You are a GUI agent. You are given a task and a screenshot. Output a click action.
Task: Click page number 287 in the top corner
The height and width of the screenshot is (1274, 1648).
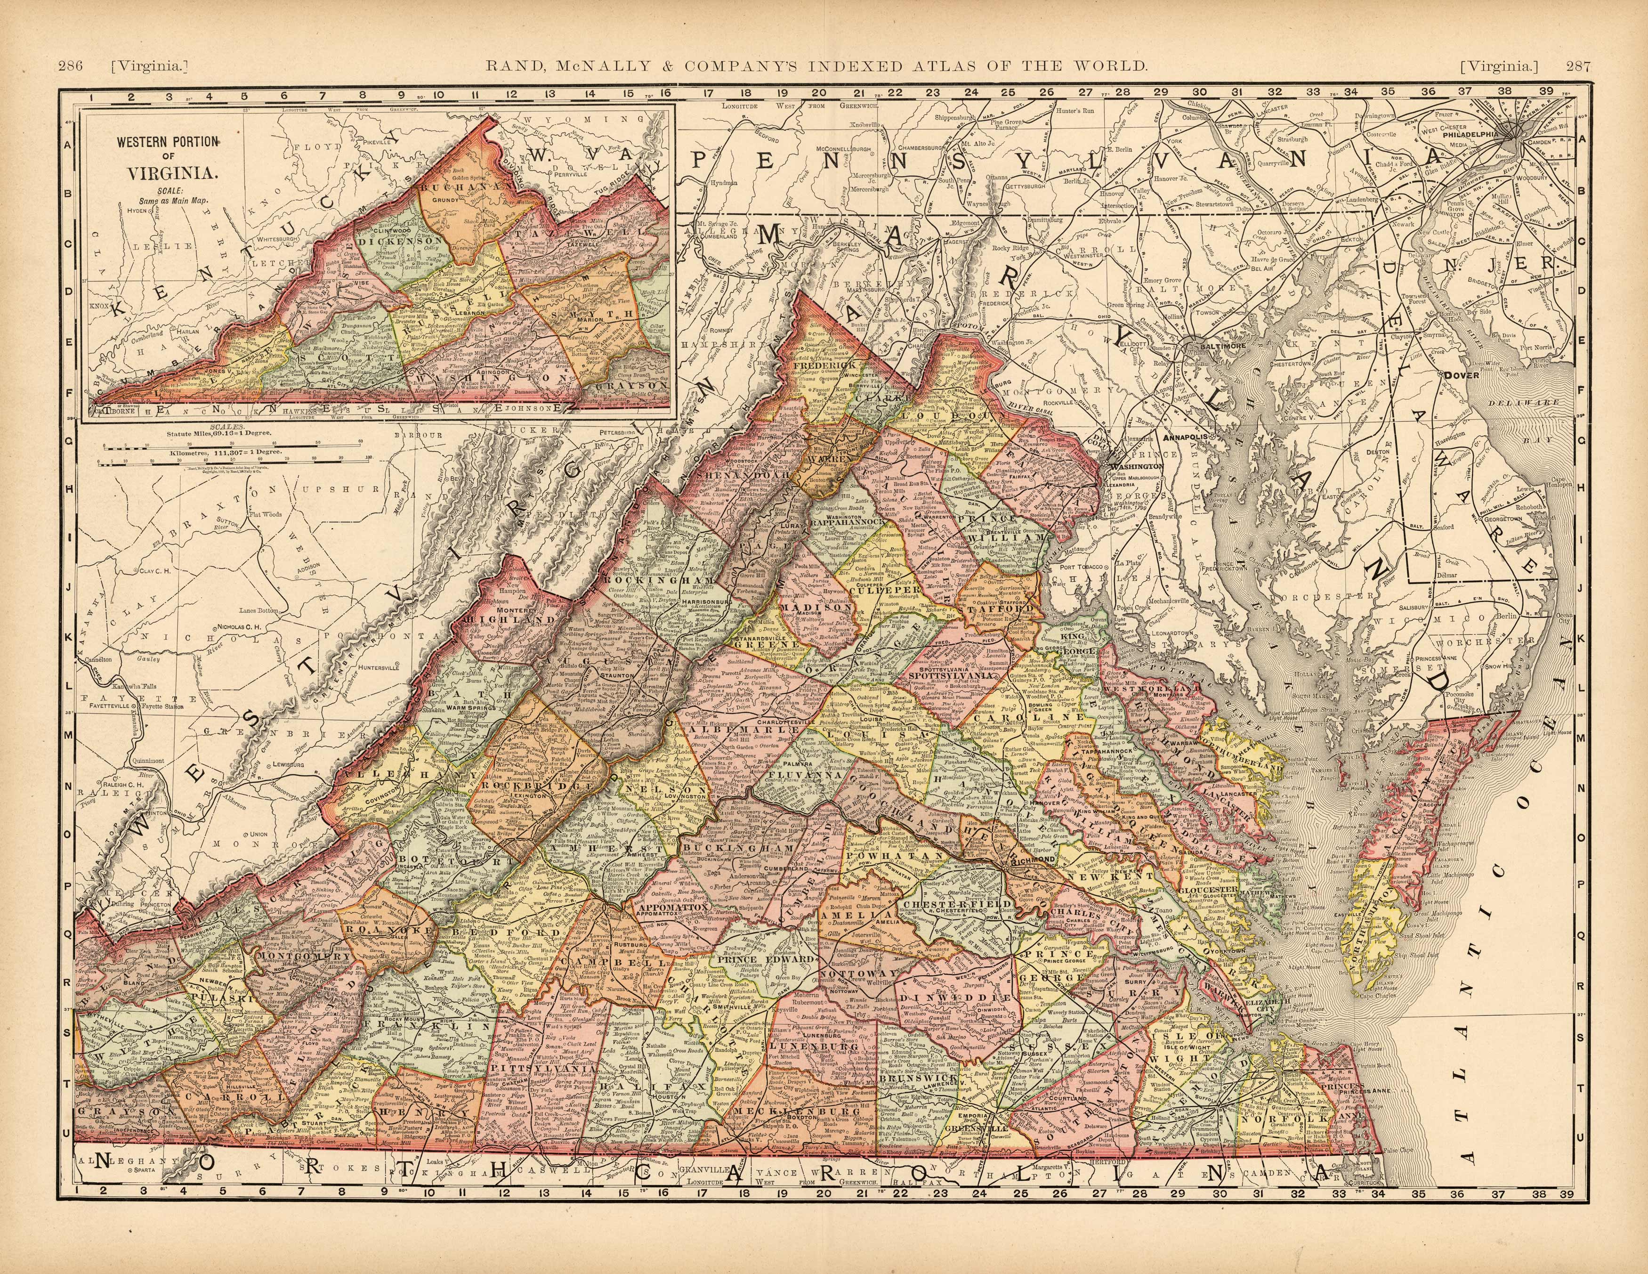click(1578, 66)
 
